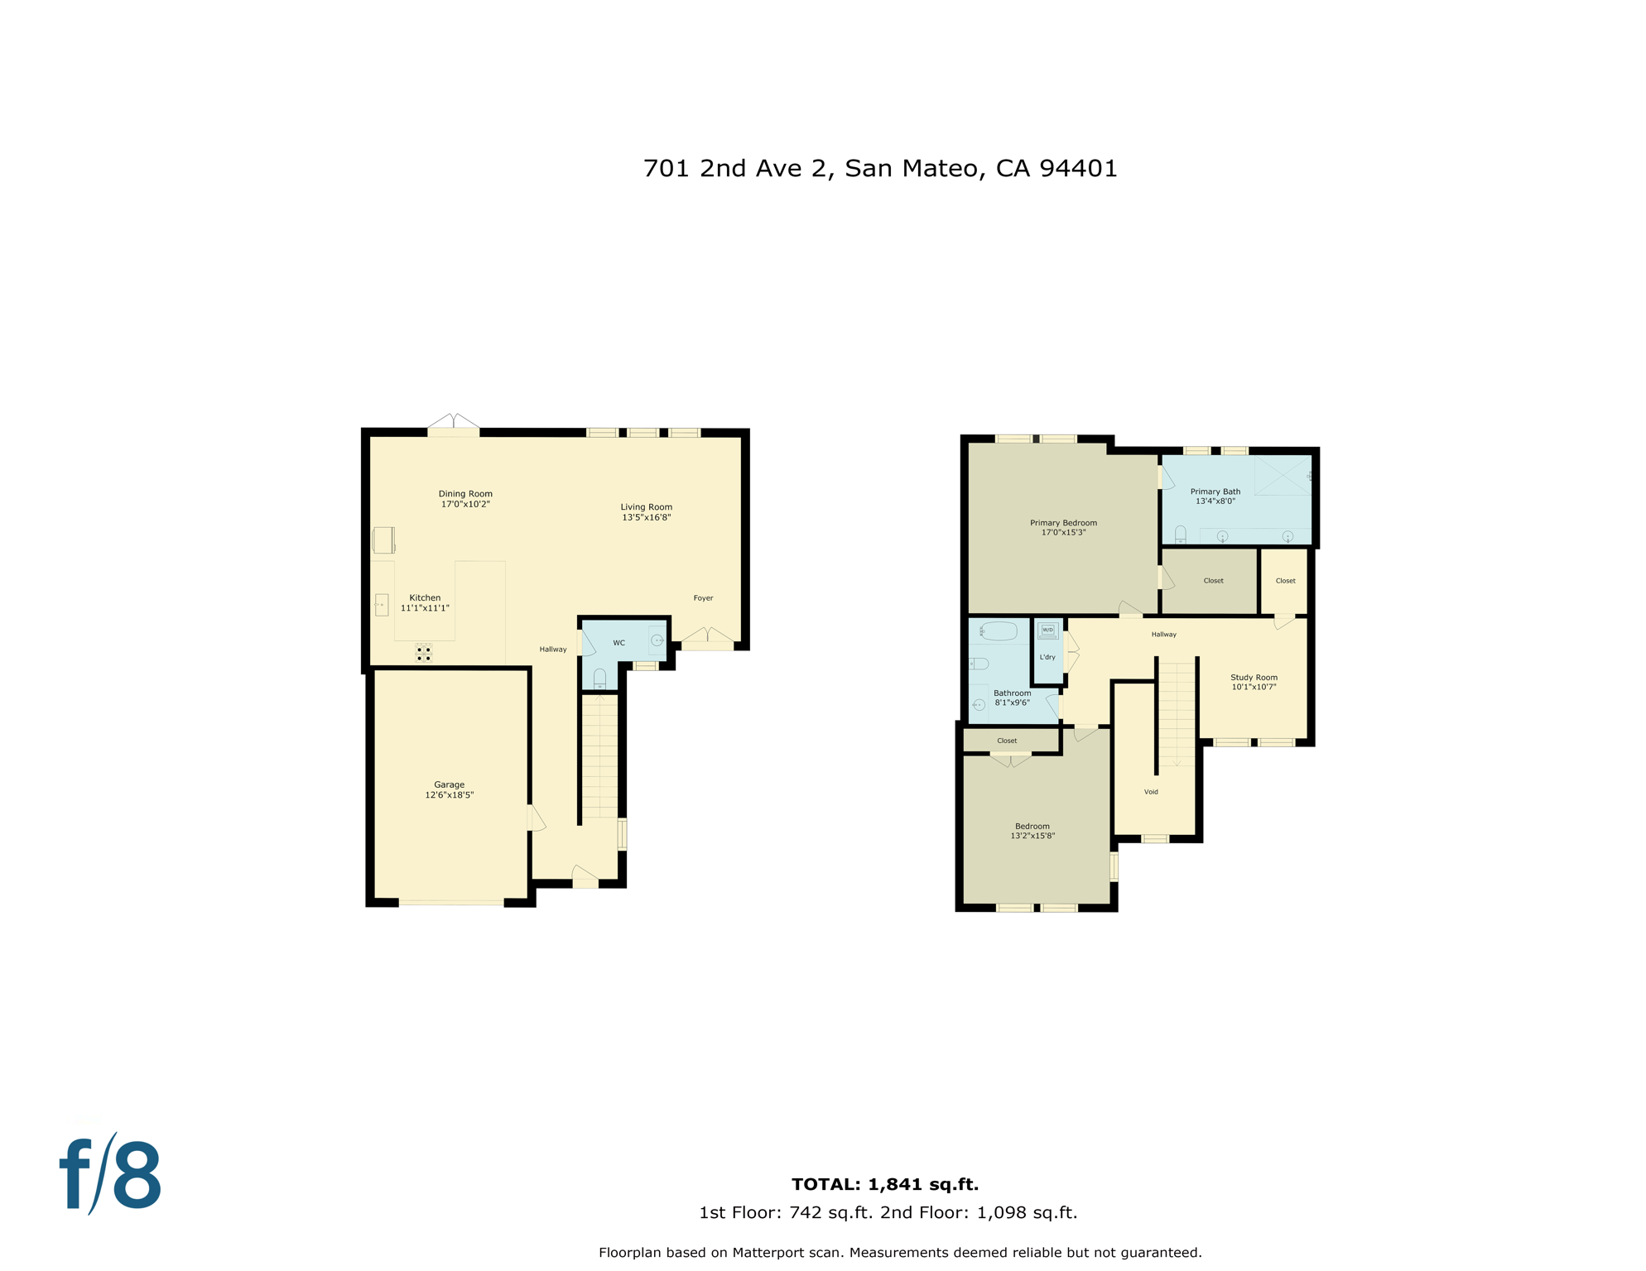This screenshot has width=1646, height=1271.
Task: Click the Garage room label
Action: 449,784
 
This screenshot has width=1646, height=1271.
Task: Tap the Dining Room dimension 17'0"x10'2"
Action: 465,504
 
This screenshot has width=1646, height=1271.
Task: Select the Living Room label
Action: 646,507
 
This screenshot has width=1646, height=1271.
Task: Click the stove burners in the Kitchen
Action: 424,654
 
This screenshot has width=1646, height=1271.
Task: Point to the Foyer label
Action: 703,597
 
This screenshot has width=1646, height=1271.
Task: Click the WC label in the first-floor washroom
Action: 618,643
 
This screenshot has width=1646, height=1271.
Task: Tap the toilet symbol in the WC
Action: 599,679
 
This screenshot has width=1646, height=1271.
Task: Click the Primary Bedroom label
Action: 1063,523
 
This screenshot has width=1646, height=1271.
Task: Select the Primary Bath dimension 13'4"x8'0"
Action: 1215,501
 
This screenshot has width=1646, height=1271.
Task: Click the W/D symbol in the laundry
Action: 1047,631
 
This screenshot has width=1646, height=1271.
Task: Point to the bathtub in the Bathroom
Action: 999,631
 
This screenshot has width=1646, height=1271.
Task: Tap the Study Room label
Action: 1254,677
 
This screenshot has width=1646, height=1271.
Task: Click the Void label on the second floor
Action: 1151,792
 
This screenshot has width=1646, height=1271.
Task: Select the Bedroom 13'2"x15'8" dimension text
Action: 1032,836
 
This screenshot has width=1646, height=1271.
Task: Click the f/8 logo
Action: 111,1175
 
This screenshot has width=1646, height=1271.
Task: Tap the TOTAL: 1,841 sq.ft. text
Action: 885,1184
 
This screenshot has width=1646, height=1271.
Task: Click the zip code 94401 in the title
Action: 1078,169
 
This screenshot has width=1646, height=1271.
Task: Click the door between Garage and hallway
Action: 536,818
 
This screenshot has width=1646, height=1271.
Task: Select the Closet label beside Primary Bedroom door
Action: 1213,581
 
